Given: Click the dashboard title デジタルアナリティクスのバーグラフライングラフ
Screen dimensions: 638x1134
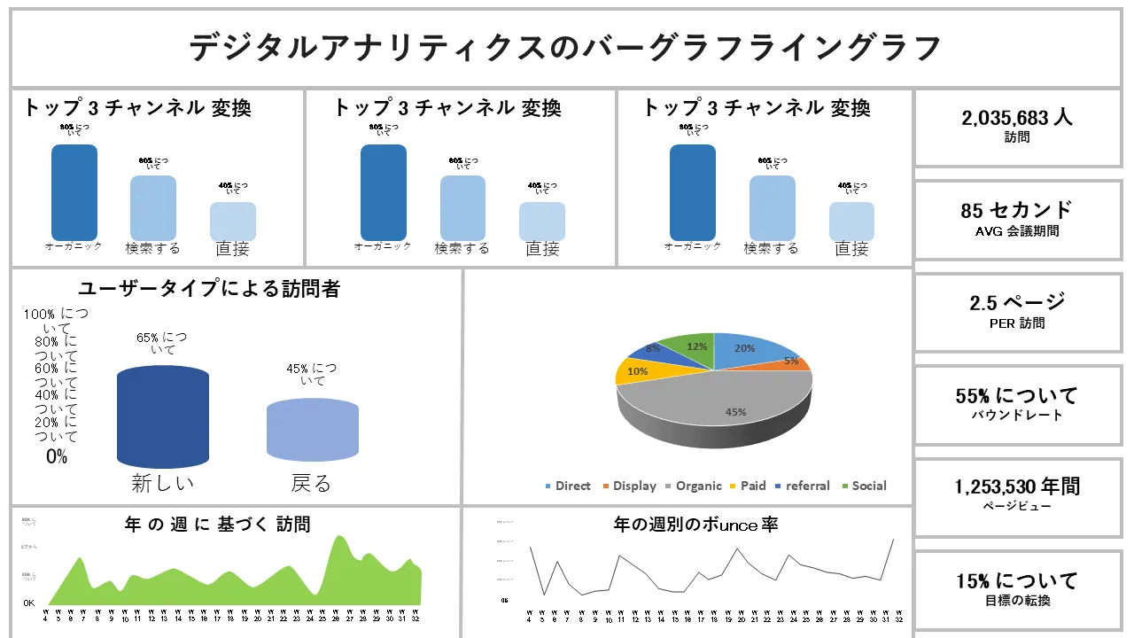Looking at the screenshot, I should [x=564, y=48].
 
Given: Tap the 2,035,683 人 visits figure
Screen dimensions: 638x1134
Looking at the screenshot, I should [x=1017, y=118].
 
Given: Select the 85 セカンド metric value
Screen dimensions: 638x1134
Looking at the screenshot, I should [x=1017, y=211].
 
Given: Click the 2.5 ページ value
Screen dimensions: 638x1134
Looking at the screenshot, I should [x=1017, y=302].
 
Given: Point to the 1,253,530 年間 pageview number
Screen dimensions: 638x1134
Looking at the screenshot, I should [x=1017, y=486].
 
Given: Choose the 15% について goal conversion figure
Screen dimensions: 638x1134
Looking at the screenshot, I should [x=1017, y=581].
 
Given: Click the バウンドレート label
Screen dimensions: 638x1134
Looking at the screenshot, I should [x=1017, y=415].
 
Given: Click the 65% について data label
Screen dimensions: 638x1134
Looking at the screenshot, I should [x=161, y=343].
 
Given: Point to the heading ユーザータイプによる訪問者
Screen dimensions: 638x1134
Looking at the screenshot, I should [x=209, y=289].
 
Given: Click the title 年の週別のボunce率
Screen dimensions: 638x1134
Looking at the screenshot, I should [x=695, y=525].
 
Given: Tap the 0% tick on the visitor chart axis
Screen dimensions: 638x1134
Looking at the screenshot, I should [x=56, y=457].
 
